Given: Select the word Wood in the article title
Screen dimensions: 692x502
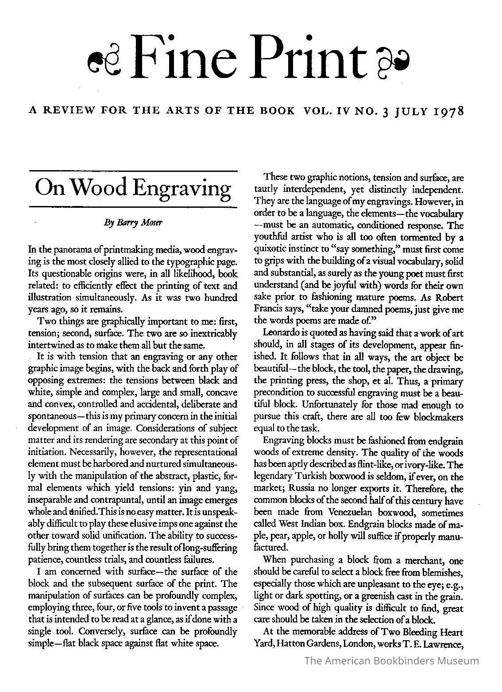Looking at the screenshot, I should coord(106,188).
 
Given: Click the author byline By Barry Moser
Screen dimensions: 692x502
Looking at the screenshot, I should coord(133,223).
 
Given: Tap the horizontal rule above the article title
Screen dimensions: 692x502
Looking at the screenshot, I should coord(133,171).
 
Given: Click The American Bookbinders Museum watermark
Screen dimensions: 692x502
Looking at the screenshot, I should coord(392,661).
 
